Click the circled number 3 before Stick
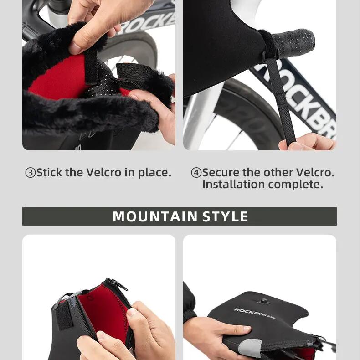point(31,173)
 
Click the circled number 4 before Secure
point(196,173)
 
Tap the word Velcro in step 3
point(104,172)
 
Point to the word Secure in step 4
point(221,172)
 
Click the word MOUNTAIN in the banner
point(155,216)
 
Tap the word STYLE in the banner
point(225,216)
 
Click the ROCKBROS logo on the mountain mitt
point(255,314)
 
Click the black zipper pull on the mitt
point(119,285)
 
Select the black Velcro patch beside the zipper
point(64,316)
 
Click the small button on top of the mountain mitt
point(264,301)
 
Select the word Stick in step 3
point(49,172)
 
